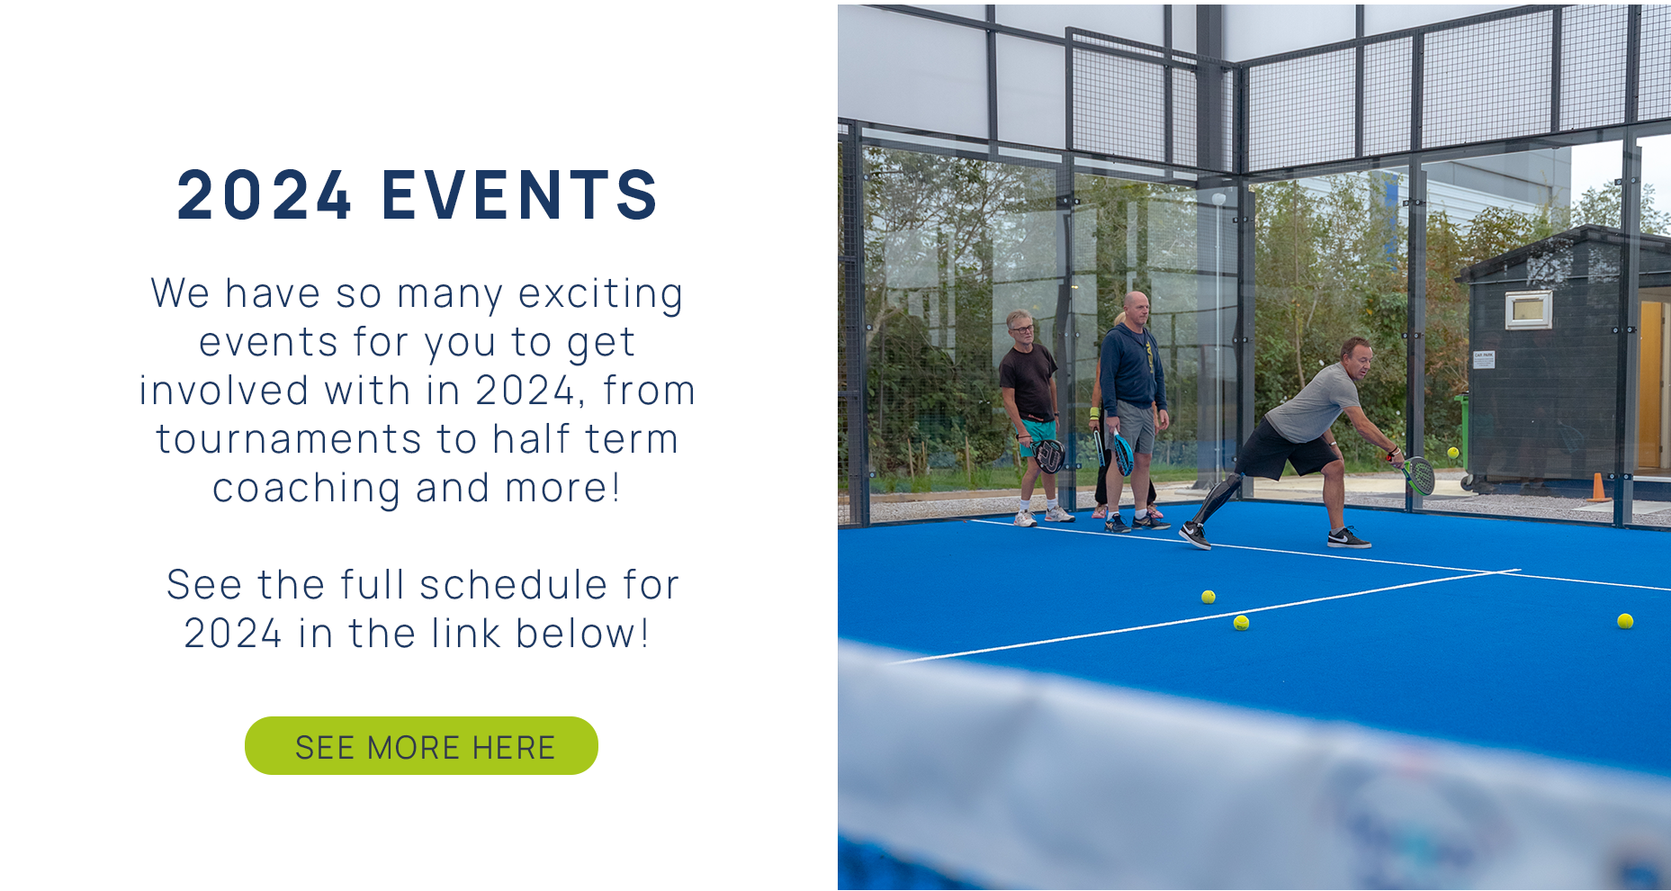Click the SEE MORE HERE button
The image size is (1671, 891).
coord(421,746)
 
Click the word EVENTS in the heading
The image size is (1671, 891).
coord(520,194)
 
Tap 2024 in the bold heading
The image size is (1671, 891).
coord(264,194)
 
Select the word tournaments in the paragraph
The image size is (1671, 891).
coord(289,439)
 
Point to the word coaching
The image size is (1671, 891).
coord(306,489)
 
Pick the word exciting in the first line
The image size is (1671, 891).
coord(600,294)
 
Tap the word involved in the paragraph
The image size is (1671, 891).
coord(224,391)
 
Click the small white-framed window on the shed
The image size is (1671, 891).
coord(1529,310)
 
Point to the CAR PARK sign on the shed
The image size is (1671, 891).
coord(1484,360)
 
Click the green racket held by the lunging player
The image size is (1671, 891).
coord(1418,474)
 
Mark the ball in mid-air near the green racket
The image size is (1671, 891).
coord(1452,453)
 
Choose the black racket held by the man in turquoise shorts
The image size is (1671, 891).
coord(1048,454)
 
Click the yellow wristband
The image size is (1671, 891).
coord(1094,413)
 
